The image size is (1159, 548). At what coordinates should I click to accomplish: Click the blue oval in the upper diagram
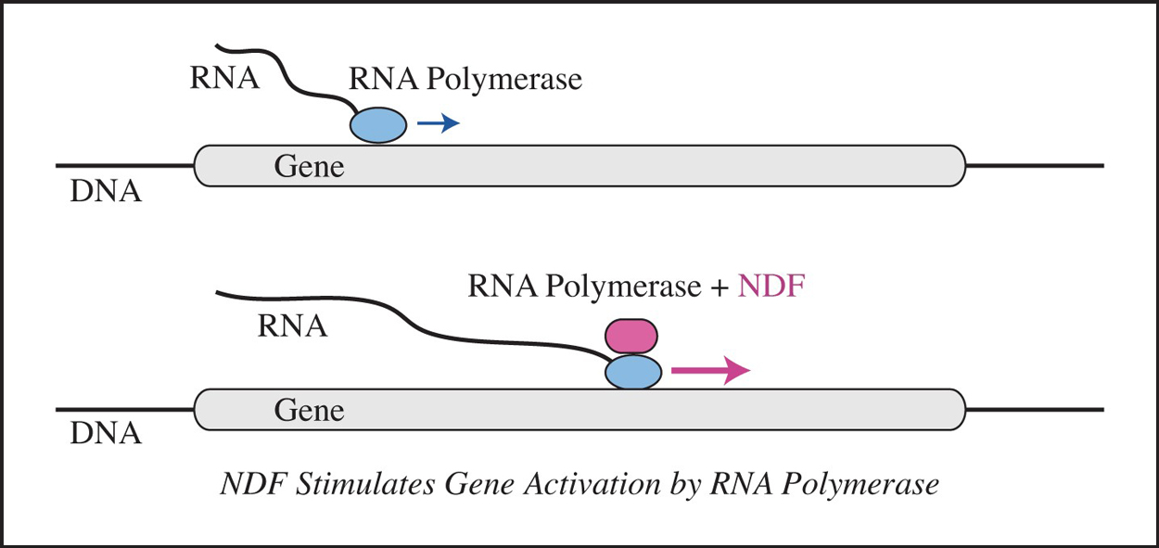coord(377,124)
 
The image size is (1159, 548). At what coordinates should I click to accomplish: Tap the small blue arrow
coord(438,123)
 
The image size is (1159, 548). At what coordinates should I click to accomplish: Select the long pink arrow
coord(709,371)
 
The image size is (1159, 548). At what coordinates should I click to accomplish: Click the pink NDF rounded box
coord(631,335)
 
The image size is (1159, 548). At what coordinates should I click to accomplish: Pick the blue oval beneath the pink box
coord(633,372)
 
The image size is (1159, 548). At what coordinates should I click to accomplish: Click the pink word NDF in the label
coord(771,287)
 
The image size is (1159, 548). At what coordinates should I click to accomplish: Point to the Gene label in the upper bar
coord(309,167)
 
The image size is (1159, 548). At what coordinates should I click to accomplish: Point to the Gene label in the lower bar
coord(309,410)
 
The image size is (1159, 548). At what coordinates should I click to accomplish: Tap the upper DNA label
coord(106,193)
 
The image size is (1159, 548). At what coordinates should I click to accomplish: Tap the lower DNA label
coord(106,433)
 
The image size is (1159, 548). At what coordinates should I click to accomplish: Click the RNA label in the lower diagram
coord(293,326)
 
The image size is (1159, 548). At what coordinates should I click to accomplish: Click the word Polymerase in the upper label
coord(504,80)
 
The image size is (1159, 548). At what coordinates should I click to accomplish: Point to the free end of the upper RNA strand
coord(218,45)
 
